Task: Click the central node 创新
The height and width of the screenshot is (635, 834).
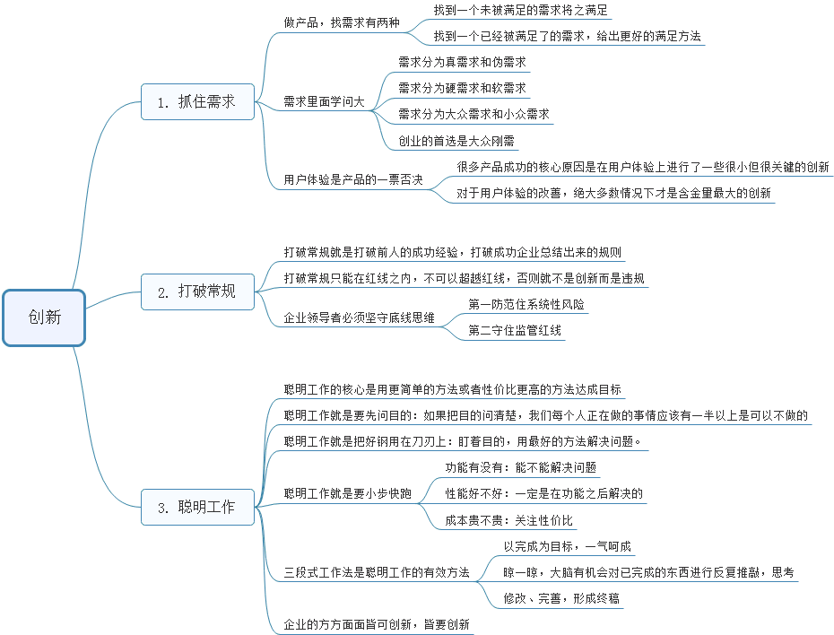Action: click(44, 317)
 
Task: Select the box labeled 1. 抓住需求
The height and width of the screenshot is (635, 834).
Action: click(197, 101)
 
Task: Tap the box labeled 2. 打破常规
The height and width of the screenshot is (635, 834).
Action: click(197, 291)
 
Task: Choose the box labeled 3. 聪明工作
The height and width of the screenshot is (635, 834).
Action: click(197, 507)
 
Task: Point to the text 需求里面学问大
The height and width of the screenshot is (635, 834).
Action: click(324, 102)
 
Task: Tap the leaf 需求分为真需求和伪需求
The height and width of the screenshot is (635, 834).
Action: click(462, 63)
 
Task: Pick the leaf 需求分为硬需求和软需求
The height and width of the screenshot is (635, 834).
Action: click(462, 89)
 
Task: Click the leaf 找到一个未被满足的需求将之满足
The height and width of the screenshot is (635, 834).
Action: click(520, 11)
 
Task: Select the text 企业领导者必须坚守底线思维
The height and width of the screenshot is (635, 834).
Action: click(359, 318)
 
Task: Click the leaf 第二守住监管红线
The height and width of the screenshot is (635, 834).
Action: click(516, 331)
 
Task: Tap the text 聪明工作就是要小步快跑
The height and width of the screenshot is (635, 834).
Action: click(347, 493)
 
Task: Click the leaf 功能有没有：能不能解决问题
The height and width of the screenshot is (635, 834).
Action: click(521, 467)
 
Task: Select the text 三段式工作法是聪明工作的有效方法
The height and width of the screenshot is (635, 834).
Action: click(377, 572)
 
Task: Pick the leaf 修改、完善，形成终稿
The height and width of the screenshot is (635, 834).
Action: click(561, 598)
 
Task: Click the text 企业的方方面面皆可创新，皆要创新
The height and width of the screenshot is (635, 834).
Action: click(377, 624)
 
